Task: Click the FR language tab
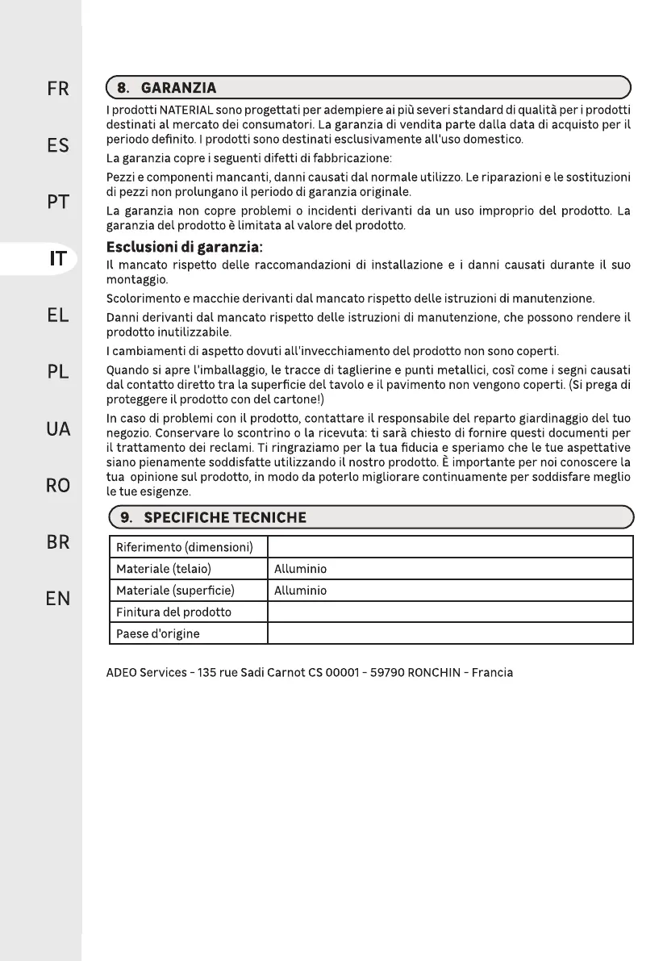point(57,89)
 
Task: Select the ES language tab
point(57,146)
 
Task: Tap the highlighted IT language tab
point(58,259)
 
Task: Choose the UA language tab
point(57,429)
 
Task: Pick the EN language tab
point(57,599)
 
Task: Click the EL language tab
point(57,315)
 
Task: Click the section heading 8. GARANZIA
point(167,86)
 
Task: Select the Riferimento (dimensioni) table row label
point(186,547)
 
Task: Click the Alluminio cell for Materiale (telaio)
point(301,569)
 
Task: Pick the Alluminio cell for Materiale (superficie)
point(301,591)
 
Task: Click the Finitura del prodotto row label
point(174,612)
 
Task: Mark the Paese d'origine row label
point(158,634)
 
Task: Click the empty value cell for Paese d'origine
point(449,634)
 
